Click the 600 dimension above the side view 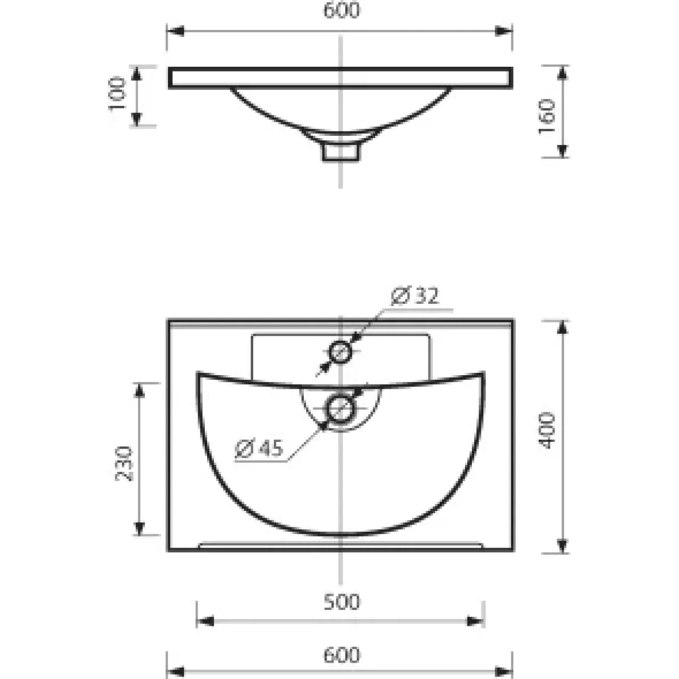[341, 10]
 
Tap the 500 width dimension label [341, 602]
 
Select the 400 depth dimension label [547, 431]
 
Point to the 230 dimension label [124, 464]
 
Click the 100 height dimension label [117, 94]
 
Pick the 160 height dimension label [547, 117]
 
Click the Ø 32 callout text [415, 296]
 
